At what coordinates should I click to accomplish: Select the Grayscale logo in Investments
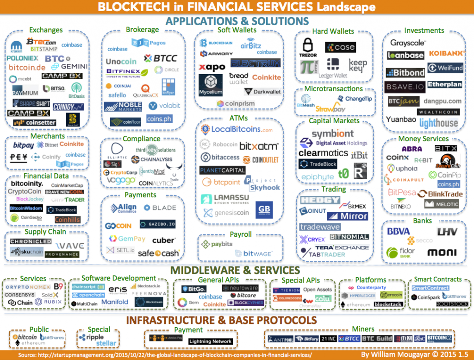point(408,43)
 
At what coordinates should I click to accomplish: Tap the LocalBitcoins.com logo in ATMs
point(236,130)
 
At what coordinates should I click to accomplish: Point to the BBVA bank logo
point(399,231)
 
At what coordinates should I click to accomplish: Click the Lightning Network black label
point(210,341)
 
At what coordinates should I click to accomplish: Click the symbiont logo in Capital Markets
point(333,134)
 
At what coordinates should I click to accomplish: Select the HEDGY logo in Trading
point(319,200)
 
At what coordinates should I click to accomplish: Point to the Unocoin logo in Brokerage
point(121,62)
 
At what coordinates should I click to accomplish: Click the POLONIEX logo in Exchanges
point(22,58)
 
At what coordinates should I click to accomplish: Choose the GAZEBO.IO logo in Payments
point(157,224)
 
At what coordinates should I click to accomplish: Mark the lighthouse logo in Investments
point(438,123)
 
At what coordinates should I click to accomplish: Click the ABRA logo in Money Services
point(412,149)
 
